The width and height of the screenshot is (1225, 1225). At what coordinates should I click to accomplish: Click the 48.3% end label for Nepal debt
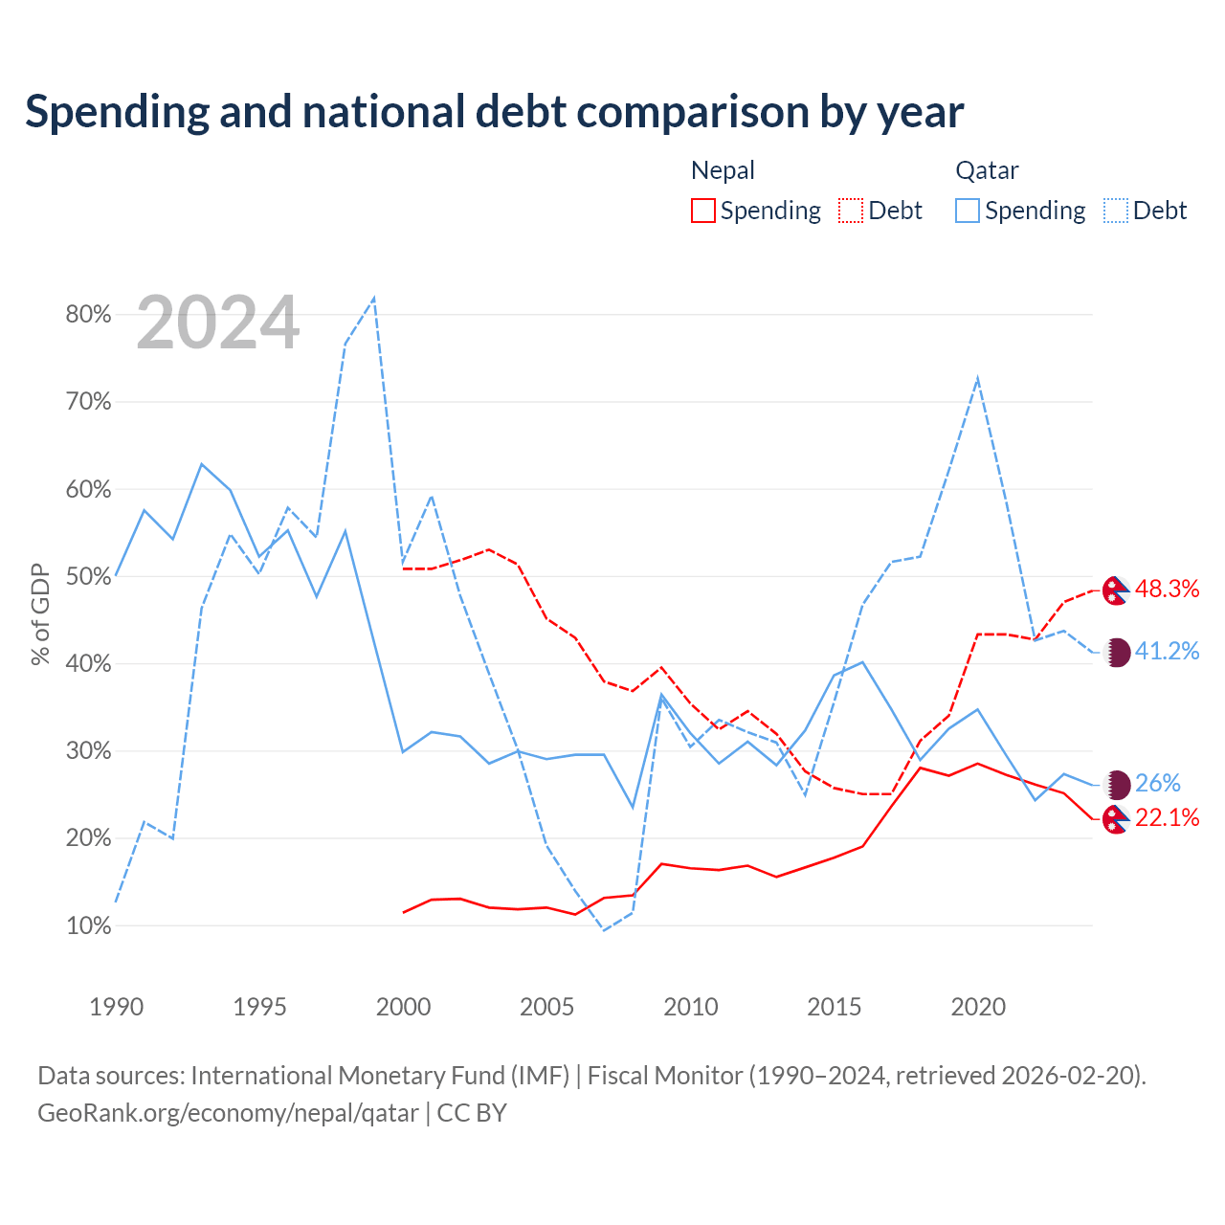click(1168, 590)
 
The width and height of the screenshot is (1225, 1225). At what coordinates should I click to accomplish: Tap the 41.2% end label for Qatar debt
click(1168, 651)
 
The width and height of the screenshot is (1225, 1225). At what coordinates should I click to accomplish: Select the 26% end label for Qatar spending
click(1158, 783)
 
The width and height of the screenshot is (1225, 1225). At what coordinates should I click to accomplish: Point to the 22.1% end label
click(1168, 817)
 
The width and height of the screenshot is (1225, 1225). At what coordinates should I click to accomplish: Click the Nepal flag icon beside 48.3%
click(1116, 590)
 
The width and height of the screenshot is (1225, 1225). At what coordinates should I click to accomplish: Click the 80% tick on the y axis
click(88, 314)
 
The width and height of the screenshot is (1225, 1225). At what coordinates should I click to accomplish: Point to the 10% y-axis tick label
click(88, 925)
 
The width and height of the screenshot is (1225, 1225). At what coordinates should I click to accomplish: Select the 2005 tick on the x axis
click(546, 1006)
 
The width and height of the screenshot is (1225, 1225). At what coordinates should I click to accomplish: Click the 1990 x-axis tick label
click(117, 1006)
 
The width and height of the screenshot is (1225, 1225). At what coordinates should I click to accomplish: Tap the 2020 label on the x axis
click(978, 1006)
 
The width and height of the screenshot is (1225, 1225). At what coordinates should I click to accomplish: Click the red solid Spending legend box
click(703, 211)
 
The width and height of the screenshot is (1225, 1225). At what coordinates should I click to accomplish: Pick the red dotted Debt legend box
click(851, 211)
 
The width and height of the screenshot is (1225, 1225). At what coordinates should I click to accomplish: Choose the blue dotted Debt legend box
click(1116, 211)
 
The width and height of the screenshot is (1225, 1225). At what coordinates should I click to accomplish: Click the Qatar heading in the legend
click(988, 170)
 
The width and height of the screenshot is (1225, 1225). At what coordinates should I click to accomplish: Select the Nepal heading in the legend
click(723, 170)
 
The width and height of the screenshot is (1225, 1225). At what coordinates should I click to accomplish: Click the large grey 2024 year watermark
click(218, 323)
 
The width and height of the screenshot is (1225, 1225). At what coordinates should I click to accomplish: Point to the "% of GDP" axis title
click(40, 614)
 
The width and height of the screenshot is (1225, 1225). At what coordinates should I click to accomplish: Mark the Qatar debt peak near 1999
click(374, 298)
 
